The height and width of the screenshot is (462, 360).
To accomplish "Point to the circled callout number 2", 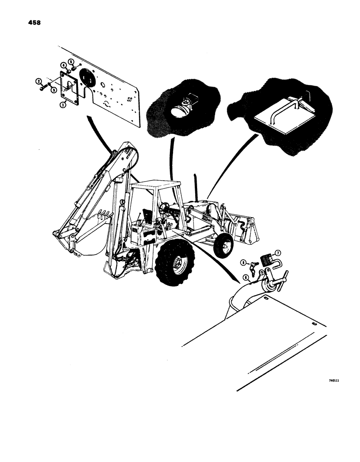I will coord(38,82).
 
